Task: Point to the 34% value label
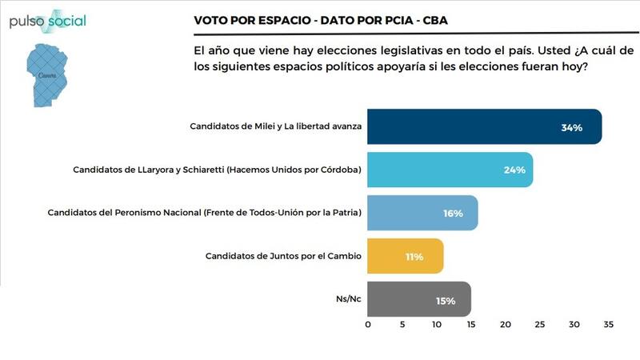pos(571,127)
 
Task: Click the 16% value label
pos(454,214)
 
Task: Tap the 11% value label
pos(414,257)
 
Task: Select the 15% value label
pos(446,301)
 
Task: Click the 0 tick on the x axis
pos(368,326)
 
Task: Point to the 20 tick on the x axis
pos(506,326)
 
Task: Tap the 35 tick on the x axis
pos(609,326)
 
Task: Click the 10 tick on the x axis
pos(437,326)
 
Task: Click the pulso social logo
pos(48,21)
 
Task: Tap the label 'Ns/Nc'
pos(349,300)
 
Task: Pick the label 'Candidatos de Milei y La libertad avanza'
pos(276,126)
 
